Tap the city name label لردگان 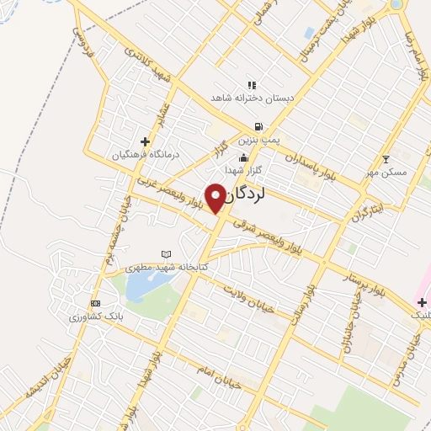click(x=245, y=195)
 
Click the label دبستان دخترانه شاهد click(x=252, y=98)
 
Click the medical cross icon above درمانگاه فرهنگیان click(x=145, y=141)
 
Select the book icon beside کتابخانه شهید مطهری click(x=166, y=254)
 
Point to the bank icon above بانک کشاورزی click(x=95, y=303)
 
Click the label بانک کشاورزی click(x=96, y=316)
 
